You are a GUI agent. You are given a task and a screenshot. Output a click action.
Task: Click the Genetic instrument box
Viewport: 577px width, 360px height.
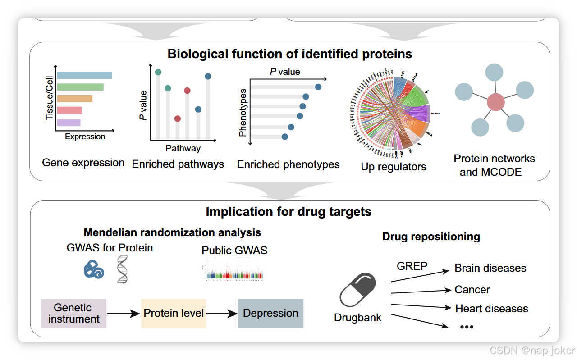click(73, 313)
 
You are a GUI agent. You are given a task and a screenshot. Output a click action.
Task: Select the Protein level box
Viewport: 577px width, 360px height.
click(174, 313)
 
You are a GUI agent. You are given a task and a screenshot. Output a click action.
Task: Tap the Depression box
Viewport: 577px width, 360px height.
click(270, 313)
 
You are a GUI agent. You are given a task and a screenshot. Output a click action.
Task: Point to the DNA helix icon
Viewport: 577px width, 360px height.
click(122, 269)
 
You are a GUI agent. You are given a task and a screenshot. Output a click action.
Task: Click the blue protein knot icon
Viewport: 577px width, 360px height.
click(94, 269)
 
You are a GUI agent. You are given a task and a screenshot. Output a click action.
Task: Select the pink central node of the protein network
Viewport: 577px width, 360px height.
click(495, 102)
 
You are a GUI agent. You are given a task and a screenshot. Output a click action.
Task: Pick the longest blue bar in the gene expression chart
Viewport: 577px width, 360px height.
click(84, 76)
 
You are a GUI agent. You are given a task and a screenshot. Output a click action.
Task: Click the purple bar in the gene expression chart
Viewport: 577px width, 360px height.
click(69, 122)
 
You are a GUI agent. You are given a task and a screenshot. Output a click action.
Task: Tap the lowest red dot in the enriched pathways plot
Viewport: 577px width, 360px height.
click(178, 119)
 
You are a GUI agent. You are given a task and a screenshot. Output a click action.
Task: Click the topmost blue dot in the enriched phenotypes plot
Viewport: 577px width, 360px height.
click(318, 87)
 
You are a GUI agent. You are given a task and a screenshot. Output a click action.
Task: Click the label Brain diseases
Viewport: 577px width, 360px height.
click(490, 268)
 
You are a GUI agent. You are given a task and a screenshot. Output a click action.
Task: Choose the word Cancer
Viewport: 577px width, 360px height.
click(472, 290)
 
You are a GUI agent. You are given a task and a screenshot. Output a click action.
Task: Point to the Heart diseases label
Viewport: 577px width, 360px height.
click(491, 309)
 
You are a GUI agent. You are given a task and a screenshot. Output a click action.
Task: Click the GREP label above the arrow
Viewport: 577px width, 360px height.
click(412, 266)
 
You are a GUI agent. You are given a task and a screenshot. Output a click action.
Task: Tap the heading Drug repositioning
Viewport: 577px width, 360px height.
click(431, 237)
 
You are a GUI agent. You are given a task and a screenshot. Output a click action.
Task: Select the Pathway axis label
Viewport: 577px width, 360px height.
click(183, 148)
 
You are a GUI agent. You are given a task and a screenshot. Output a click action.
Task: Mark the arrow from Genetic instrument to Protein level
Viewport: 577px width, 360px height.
click(124, 314)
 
